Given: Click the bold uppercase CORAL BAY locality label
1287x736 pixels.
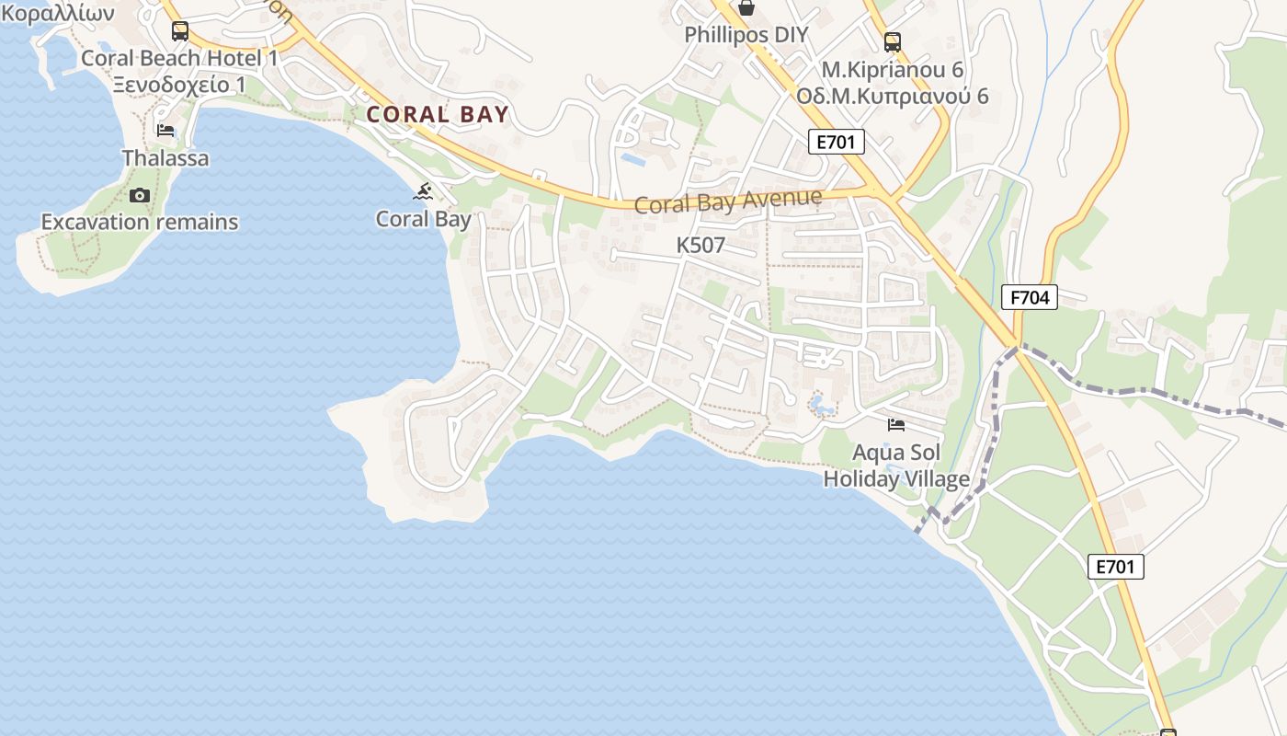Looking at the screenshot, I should (x=437, y=115).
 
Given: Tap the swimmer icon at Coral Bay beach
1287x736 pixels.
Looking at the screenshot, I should (x=423, y=191).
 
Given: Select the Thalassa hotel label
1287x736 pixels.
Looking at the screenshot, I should (x=165, y=158).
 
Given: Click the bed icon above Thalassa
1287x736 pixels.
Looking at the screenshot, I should (x=165, y=131).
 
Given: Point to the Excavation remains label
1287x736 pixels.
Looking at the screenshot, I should (x=140, y=222).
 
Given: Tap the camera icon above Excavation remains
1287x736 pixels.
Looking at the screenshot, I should (x=140, y=195).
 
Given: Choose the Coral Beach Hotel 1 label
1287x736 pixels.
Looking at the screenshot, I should (x=179, y=58).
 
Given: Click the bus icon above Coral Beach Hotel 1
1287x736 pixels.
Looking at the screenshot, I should (x=180, y=31).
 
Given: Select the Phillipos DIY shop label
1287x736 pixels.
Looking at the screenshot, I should (x=746, y=35).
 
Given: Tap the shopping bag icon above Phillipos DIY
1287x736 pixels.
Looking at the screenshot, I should (x=746, y=8).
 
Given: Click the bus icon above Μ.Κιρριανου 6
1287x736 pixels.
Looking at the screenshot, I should (x=892, y=41).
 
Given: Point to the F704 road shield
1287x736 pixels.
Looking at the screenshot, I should (x=1030, y=297).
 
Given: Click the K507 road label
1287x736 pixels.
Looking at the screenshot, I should (x=700, y=246).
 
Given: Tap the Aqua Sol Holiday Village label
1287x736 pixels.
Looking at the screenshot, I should (x=896, y=466).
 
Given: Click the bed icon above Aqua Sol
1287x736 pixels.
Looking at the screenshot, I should (x=896, y=424).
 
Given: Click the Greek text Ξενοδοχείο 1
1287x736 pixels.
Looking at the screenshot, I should (x=179, y=85).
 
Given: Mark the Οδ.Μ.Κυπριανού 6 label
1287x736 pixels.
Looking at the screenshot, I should (x=892, y=96).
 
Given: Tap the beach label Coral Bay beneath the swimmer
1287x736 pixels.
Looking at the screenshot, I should (x=423, y=219).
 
